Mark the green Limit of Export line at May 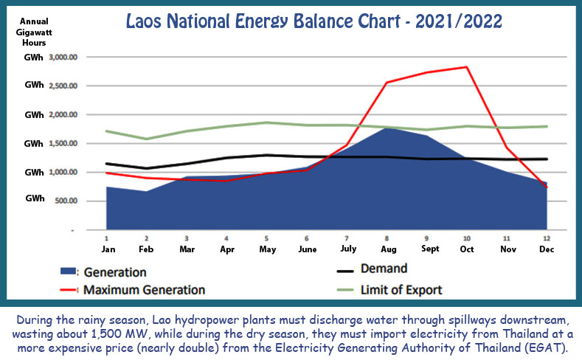(267, 122)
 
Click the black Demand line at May (267, 155)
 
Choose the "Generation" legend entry (114, 272)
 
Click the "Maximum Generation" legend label (145, 289)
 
